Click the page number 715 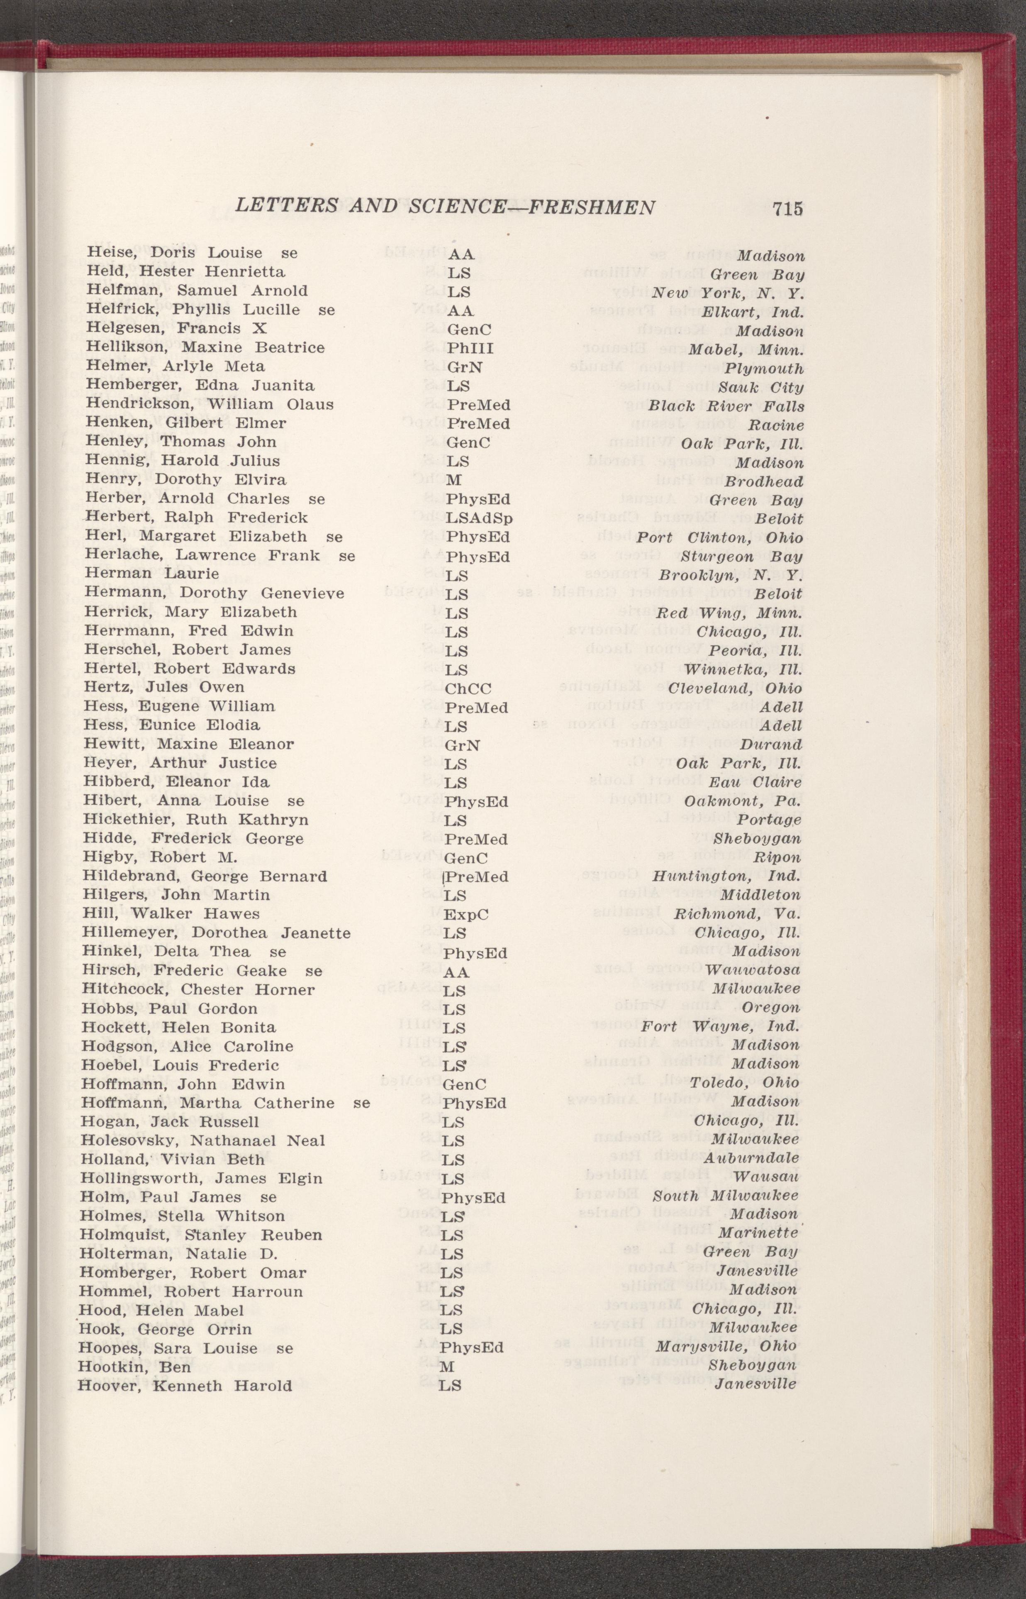[788, 208]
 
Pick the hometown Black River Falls [726, 406]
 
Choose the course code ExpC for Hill [466, 915]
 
